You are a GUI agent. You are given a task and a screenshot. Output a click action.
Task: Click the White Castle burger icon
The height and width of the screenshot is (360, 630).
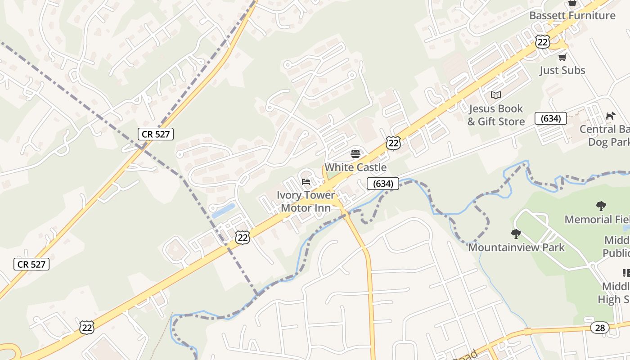coord(355,154)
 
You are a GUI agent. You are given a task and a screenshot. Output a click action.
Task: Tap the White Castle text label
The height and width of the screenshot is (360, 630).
coord(355,167)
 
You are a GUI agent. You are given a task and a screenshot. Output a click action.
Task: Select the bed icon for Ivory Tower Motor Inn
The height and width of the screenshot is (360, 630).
coord(306,182)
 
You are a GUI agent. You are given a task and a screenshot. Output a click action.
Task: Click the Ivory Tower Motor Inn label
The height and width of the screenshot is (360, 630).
coord(306,202)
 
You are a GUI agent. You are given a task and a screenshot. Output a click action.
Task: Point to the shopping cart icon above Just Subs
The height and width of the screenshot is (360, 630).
coord(562,57)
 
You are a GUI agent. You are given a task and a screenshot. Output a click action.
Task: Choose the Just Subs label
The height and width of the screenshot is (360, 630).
coord(562,70)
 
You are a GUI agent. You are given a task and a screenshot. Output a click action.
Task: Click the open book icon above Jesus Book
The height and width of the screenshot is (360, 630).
coord(496,95)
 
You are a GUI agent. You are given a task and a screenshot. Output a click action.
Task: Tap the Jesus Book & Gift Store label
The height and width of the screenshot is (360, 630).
coord(496,115)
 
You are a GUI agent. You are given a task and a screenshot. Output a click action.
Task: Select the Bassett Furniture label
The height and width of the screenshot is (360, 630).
coord(572,15)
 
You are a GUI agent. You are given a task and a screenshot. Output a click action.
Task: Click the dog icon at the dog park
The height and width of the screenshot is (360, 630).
coord(610,116)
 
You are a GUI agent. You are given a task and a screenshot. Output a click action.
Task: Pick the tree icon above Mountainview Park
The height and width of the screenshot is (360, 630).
coord(516,234)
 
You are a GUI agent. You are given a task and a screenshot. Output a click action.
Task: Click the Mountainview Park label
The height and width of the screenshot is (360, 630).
coord(516,247)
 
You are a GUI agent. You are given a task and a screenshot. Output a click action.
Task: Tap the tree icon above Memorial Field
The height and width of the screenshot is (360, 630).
coord(601,206)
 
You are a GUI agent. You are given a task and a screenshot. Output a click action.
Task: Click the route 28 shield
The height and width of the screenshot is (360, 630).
coord(600,328)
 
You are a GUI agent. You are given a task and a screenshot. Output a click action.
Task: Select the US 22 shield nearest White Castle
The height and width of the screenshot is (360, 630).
coord(393,143)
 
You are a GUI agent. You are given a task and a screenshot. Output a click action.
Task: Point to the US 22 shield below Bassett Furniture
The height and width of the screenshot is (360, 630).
coord(543,42)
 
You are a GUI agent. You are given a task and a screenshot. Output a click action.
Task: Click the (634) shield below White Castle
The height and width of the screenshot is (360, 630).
coord(383,184)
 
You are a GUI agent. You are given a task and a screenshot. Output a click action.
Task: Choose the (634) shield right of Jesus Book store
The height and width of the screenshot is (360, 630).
coord(550,118)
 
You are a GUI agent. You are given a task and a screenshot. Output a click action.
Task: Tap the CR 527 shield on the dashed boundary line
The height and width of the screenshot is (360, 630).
coord(156,134)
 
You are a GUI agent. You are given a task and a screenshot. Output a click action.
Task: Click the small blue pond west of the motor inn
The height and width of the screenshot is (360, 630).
coord(224,211)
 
